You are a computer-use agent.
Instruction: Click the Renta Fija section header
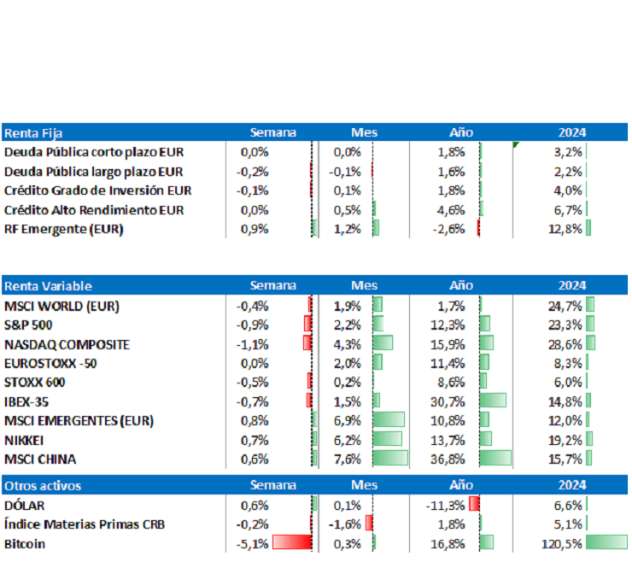point(33,132)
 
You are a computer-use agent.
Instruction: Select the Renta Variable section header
point(48,286)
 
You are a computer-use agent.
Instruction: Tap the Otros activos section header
point(43,485)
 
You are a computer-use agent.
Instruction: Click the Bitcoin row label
point(25,543)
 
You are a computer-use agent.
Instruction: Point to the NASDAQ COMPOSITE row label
point(67,344)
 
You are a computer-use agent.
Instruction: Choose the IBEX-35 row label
point(28,401)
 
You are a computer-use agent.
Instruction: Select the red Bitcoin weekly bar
point(291,543)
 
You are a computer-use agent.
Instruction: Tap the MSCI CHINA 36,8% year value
point(449,459)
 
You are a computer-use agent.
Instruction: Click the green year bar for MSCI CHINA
point(495,459)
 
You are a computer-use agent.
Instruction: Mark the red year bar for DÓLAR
point(474,505)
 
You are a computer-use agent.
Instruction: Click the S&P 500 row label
point(29,325)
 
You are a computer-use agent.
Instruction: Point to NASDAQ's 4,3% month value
point(348,344)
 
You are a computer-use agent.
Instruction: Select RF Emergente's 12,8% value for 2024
point(565,228)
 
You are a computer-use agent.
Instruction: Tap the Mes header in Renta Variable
point(364,286)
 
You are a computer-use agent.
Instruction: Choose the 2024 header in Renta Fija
point(572,132)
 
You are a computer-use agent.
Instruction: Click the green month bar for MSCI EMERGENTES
point(389,420)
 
